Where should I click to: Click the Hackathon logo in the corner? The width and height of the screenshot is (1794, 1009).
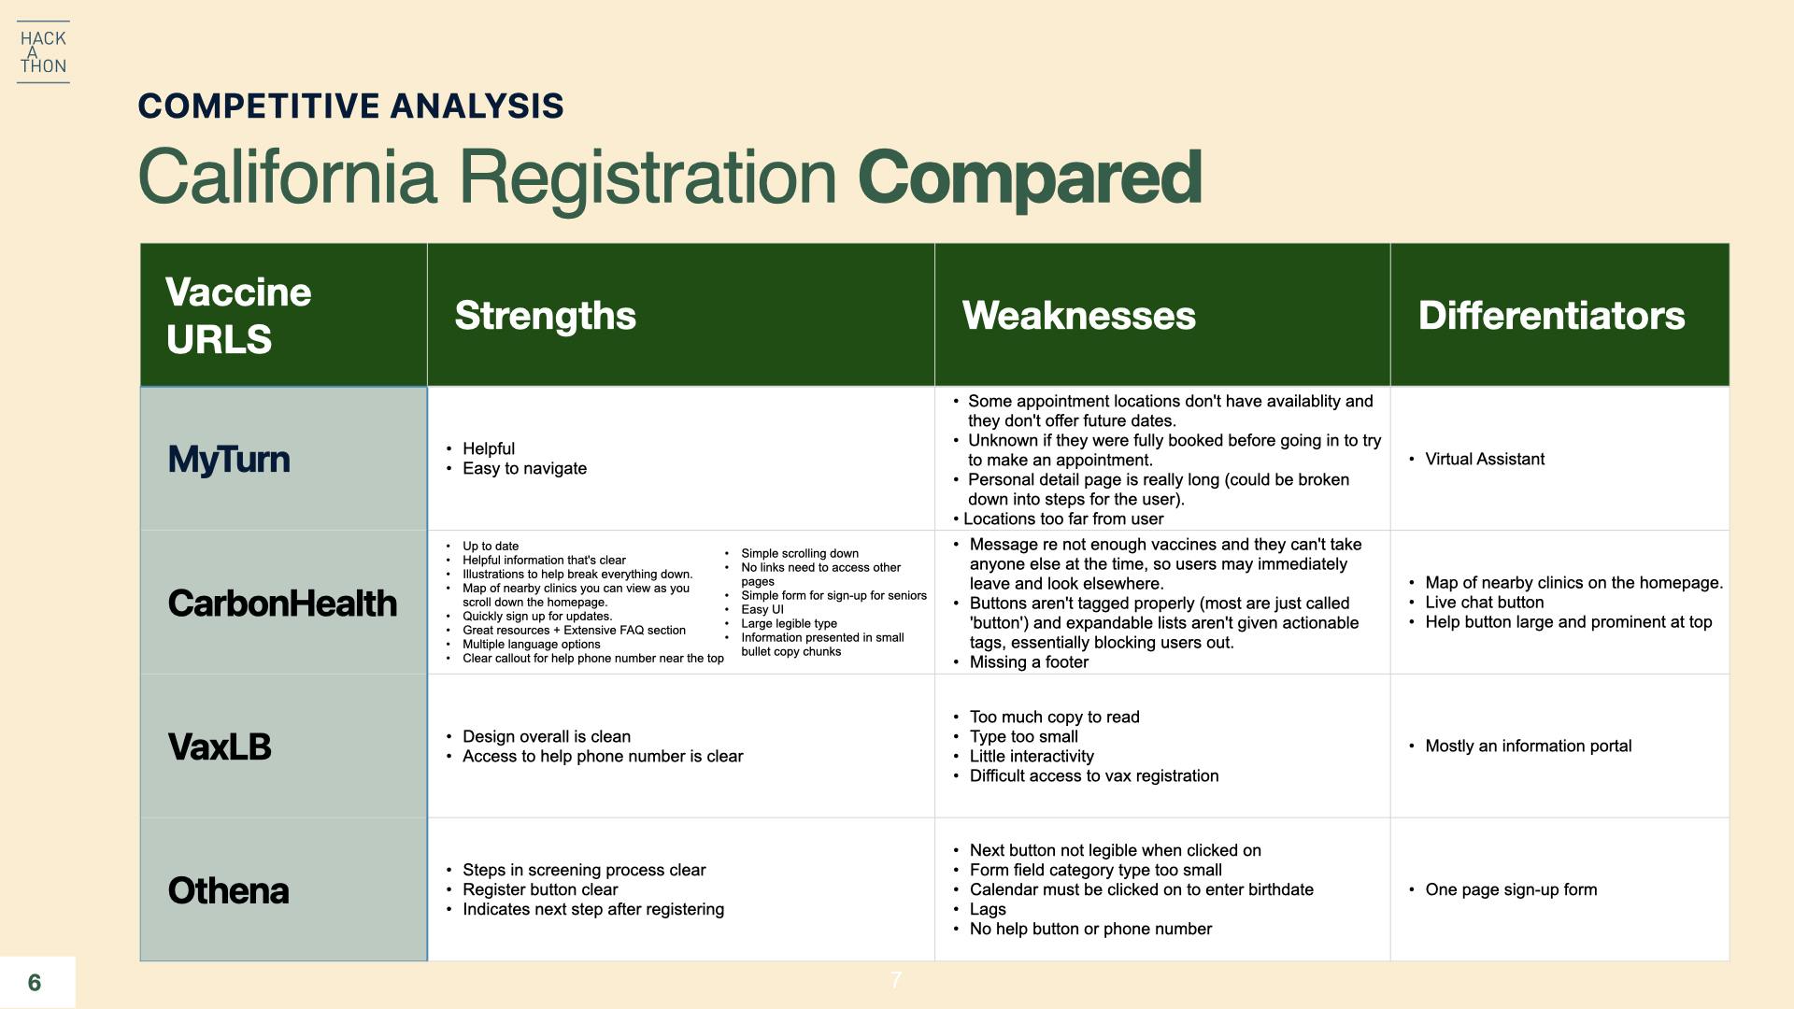[x=43, y=52]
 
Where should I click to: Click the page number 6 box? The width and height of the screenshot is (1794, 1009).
[x=37, y=982]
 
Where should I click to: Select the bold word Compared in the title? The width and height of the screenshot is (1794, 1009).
[x=1030, y=178]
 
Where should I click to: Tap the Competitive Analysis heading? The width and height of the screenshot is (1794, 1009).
[x=350, y=106]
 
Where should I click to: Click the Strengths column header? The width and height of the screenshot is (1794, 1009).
[x=545, y=316]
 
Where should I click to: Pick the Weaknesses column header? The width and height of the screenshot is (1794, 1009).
[x=1078, y=316]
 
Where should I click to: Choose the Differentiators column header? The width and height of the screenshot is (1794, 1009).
[x=1551, y=316]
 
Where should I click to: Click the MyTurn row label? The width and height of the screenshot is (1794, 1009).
[x=229, y=460]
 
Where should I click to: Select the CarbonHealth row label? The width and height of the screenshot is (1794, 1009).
[x=282, y=604]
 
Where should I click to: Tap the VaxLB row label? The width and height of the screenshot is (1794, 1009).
[x=220, y=747]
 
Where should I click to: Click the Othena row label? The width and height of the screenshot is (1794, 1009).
[x=228, y=890]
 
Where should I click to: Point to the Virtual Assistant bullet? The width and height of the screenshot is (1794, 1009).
[x=1476, y=459]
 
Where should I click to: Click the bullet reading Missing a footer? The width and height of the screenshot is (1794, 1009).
[x=1020, y=662]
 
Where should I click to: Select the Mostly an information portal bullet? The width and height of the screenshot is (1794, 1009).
[x=1520, y=746]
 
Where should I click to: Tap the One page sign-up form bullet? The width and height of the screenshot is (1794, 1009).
[x=1502, y=889]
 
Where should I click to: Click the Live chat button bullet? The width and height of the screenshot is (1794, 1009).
[x=1476, y=603]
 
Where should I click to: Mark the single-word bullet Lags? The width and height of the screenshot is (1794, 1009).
[x=979, y=909]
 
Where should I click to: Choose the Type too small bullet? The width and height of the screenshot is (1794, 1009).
[x=1016, y=736]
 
